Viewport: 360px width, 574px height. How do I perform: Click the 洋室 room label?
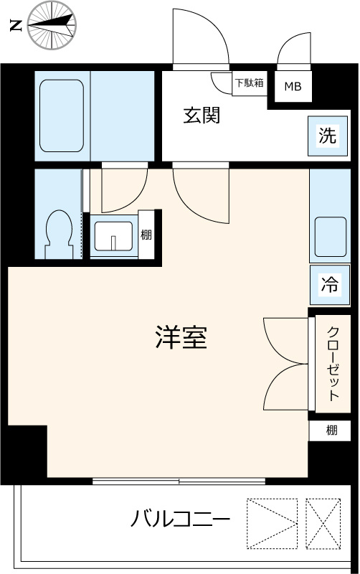[181, 337]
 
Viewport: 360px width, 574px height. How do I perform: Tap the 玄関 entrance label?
[201, 115]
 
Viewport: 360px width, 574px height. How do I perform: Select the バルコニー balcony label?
[180, 518]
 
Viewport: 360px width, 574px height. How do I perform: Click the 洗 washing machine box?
[327, 136]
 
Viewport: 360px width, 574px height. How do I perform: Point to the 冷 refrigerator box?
[328, 284]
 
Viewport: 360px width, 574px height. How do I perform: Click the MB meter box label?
[293, 88]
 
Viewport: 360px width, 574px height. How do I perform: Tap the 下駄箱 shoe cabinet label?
[250, 83]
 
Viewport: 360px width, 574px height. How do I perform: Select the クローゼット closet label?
[333, 364]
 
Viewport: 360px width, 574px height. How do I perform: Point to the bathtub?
[63, 117]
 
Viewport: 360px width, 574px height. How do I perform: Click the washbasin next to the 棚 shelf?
[113, 235]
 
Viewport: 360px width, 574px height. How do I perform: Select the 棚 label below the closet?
[331, 430]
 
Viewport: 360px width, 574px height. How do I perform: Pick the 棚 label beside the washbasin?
[146, 235]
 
